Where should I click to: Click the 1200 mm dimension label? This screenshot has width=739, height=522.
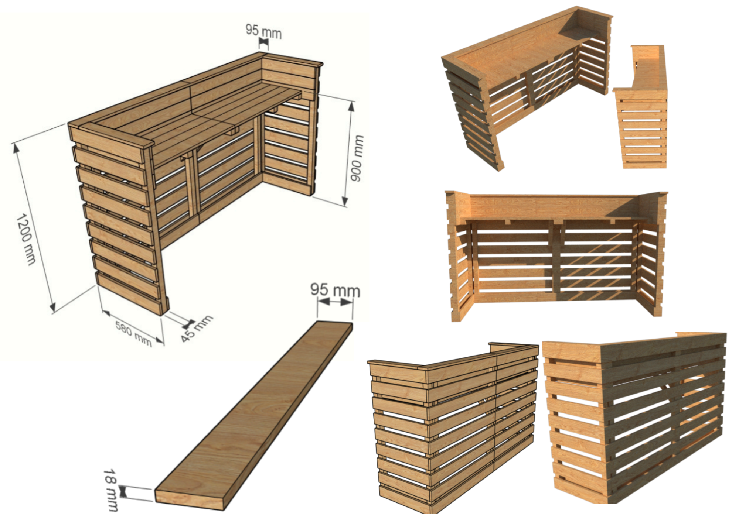tap(26, 239)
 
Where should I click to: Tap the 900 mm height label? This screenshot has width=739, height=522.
tap(357, 158)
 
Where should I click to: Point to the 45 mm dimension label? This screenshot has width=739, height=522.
tap(197, 328)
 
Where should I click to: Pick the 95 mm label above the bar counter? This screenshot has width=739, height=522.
tap(264, 31)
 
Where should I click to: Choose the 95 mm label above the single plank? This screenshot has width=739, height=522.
tap(335, 290)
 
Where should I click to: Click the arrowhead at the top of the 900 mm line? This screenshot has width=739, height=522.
tap(351, 107)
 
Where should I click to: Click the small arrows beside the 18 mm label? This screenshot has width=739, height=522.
tap(123, 491)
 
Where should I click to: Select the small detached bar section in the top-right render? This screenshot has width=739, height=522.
tap(641, 107)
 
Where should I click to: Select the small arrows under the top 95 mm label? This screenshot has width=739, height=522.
tap(263, 44)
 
